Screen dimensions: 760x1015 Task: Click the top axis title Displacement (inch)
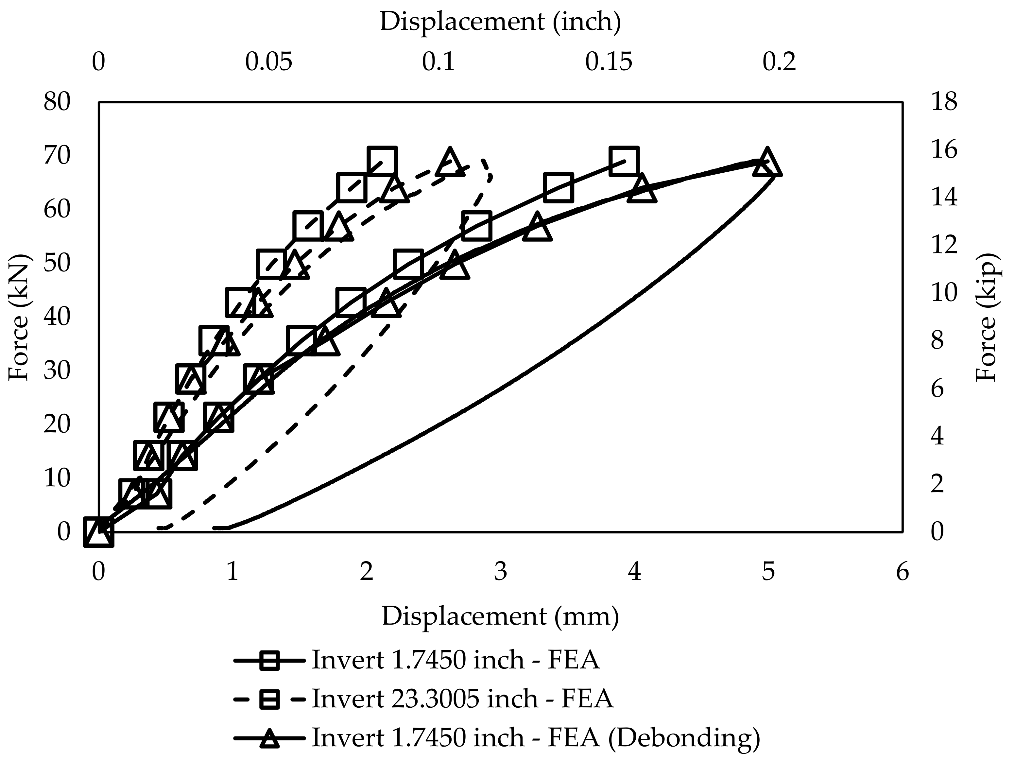500,22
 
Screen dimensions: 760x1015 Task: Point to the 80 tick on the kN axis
57,102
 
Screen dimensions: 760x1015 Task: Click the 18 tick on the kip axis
944,102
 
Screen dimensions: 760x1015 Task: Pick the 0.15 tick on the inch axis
609,62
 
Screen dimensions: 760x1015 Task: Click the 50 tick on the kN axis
57,264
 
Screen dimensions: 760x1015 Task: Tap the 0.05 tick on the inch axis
268,62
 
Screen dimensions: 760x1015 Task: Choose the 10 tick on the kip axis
944,293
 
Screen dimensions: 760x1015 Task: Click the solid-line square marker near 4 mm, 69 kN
624,161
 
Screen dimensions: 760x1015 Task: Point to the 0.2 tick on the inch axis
779,62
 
